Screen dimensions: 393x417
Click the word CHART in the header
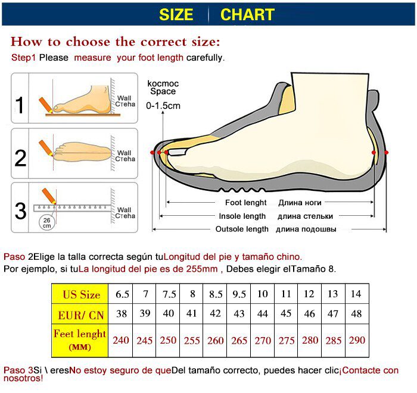click(x=247, y=15)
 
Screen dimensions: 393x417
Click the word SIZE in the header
click(x=176, y=15)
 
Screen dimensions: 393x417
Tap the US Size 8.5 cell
click(x=216, y=294)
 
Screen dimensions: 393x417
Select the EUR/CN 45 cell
click(x=286, y=313)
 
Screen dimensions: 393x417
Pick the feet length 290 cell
click(x=356, y=341)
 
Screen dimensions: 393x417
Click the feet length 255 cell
click(x=192, y=341)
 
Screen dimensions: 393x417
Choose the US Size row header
click(x=82, y=294)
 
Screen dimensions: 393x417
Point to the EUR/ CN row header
click(x=82, y=314)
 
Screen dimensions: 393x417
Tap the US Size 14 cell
click(x=356, y=294)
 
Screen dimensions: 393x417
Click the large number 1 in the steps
click(x=20, y=105)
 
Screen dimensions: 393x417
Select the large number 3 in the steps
click(x=20, y=211)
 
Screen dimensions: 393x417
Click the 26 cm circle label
click(x=46, y=222)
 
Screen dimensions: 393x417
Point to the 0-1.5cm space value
click(x=163, y=106)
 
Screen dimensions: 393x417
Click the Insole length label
click(x=242, y=216)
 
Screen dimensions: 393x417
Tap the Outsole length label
click(x=242, y=229)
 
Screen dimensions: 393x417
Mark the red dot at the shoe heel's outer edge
click(x=387, y=153)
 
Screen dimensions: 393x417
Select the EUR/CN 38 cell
click(x=122, y=313)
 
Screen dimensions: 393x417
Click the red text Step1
click(x=24, y=58)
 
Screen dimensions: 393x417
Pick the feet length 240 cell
click(x=122, y=341)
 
